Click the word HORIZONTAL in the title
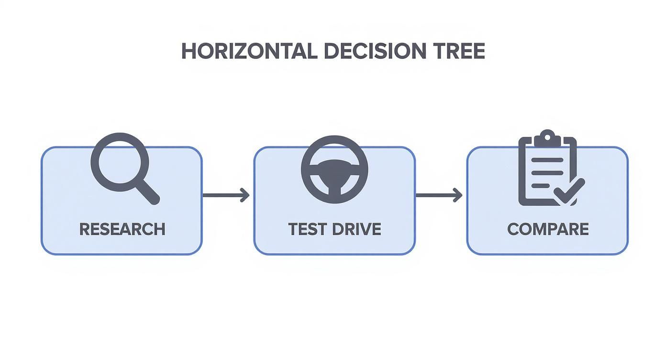249,51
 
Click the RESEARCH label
122,229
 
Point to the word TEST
307,229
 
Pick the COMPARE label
548,229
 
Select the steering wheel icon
334,169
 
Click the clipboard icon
548,169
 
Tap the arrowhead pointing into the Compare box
458,195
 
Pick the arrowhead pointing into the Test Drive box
245,195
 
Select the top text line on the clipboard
547,160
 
